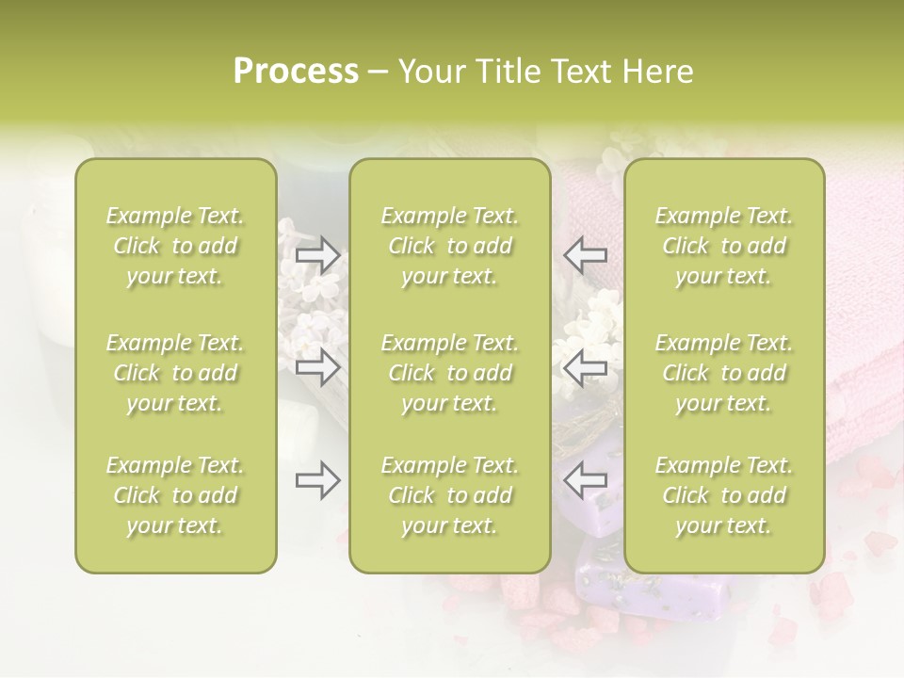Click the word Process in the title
[x=296, y=72]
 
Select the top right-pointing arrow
[x=318, y=254]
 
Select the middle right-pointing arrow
[x=318, y=368]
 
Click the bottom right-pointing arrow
[x=318, y=481]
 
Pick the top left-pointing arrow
[x=586, y=254]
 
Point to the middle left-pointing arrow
[x=586, y=368]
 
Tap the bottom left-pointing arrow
[x=586, y=481]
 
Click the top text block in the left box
[x=175, y=246]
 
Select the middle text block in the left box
[x=175, y=373]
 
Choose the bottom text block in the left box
[x=175, y=495]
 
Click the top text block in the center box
[x=449, y=246]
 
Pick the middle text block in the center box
[x=449, y=373]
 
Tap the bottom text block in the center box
[x=449, y=495]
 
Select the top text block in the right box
[x=723, y=246]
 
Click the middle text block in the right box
[x=723, y=373]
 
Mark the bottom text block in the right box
[x=723, y=495]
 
